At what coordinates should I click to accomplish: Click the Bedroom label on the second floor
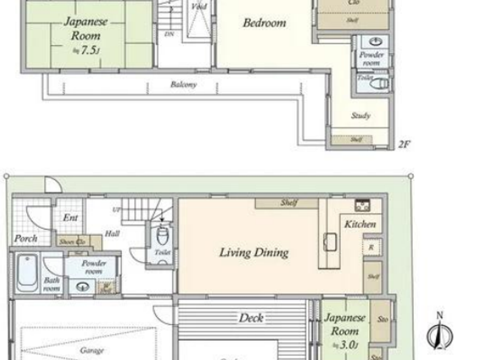[x=264, y=23]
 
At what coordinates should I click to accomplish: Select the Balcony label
[x=183, y=84]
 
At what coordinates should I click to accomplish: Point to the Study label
[x=361, y=116]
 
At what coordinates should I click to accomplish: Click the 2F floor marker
[x=404, y=144]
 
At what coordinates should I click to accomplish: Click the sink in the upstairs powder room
[x=376, y=42]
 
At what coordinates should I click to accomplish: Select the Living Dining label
[x=254, y=253]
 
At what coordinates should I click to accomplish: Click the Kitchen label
[x=360, y=224]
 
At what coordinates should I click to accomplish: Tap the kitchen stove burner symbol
[x=362, y=205]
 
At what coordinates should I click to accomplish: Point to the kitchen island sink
[x=330, y=242]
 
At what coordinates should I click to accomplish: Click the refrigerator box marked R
[x=371, y=247]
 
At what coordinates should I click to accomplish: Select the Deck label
[x=251, y=318]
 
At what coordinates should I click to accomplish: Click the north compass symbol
[x=440, y=334]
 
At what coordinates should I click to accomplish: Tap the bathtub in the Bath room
[x=27, y=273]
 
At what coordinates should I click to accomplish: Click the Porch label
[x=26, y=238]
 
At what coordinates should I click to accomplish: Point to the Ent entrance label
[x=70, y=217]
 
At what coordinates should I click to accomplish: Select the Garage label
[x=92, y=350]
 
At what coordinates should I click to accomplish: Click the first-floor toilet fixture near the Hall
[x=163, y=235]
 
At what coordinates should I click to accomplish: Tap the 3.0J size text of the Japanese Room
[x=347, y=345]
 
